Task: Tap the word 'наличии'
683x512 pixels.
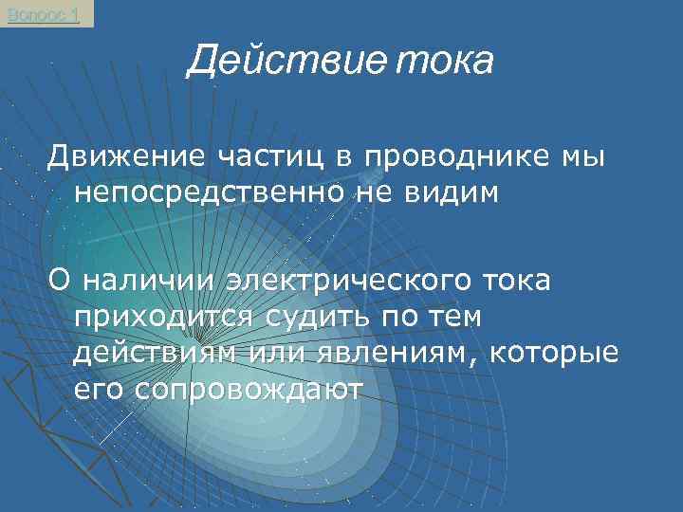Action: [149, 280]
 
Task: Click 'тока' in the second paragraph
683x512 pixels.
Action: [508, 280]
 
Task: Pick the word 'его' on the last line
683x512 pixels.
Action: [98, 390]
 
